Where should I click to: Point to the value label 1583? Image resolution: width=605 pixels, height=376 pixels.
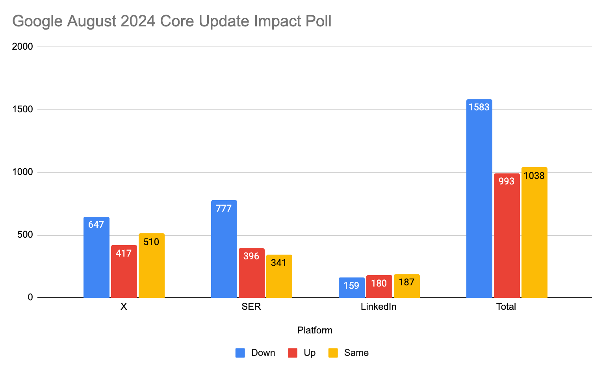point(479,107)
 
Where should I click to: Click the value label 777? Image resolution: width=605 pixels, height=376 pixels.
point(224,208)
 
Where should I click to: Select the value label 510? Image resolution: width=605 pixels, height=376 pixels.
point(151,242)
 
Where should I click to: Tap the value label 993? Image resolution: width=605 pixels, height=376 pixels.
point(507,181)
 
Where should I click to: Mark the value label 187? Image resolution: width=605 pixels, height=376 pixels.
point(406,282)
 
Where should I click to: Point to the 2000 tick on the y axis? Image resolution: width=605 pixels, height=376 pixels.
point(22,47)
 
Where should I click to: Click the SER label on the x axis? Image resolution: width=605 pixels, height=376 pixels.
point(251,307)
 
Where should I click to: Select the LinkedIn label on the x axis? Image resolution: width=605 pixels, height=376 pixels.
point(379,307)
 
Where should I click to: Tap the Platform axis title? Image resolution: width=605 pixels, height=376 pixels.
point(315,330)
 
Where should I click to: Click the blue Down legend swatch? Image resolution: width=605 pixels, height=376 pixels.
point(240,353)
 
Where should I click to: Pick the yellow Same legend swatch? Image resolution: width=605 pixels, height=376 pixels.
point(333,353)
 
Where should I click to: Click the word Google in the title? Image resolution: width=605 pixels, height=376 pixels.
point(37,21)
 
